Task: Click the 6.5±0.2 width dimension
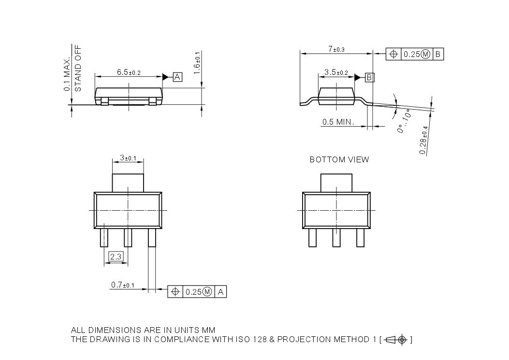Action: pyautogui.click(x=128, y=72)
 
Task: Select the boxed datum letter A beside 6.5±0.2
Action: pyautogui.click(x=177, y=77)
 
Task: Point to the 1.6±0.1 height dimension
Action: pyautogui.click(x=197, y=63)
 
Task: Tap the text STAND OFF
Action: pyautogui.click(x=78, y=68)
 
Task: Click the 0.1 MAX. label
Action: pyautogui.click(x=67, y=73)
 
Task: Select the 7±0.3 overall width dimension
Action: pyautogui.click(x=336, y=49)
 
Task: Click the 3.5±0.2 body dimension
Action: pyautogui.click(x=336, y=72)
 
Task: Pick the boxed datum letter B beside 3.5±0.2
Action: pyautogui.click(x=369, y=77)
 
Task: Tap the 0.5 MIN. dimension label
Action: pyautogui.click(x=338, y=122)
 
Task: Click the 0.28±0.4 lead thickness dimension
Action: pyautogui.click(x=424, y=141)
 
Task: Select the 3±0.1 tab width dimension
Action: pyautogui.click(x=128, y=158)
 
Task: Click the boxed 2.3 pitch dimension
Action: pyautogui.click(x=116, y=257)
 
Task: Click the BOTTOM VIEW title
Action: pyautogui.click(x=339, y=159)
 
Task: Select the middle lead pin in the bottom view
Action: pyautogui.click(x=336, y=238)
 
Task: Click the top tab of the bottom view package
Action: pyautogui.click(x=336, y=183)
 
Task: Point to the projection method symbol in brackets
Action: pyautogui.click(x=396, y=340)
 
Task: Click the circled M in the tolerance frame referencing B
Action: pyautogui.click(x=425, y=54)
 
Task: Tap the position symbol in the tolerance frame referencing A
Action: pyautogui.click(x=175, y=292)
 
